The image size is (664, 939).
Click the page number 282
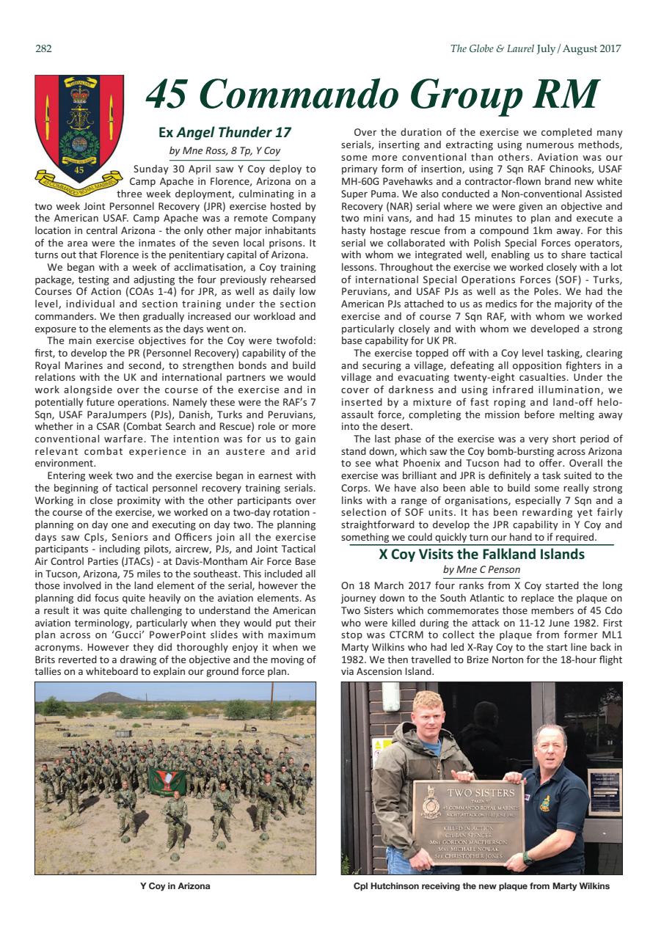point(43,49)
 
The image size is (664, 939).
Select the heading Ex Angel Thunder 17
point(225,133)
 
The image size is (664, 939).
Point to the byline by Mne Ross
point(225,151)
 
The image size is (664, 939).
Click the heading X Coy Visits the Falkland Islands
point(481,555)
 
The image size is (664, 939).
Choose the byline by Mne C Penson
point(481,570)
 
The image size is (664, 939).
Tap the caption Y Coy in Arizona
point(175,886)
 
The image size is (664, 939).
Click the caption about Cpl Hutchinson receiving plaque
point(481,886)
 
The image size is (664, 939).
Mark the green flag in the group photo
point(167,779)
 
